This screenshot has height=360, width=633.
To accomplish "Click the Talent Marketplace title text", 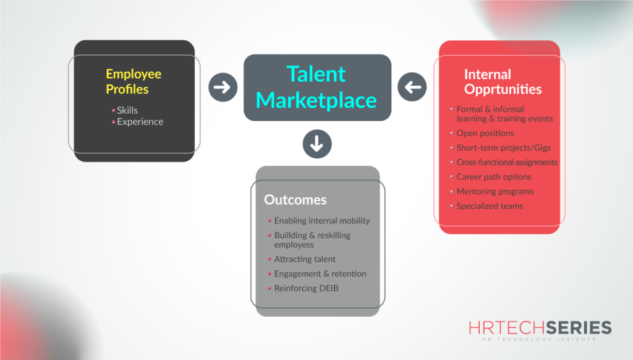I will pyautogui.click(x=316, y=87).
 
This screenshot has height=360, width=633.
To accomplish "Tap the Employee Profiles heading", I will pyautogui.click(x=134, y=81).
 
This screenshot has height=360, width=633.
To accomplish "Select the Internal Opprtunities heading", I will pyautogui.click(x=503, y=82).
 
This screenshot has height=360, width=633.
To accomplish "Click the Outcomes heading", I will pyautogui.click(x=295, y=200).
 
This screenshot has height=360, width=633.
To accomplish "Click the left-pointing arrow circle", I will pyautogui.click(x=412, y=87).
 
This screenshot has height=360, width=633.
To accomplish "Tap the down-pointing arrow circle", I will pyautogui.click(x=317, y=144).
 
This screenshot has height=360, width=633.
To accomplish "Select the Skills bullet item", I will pyautogui.click(x=127, y=110).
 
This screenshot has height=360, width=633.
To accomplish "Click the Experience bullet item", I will pyautogui.click(x=140, y=121).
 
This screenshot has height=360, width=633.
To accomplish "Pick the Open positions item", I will pyautogui.click(x=485, y=133).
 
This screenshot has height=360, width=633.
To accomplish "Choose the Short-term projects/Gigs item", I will pyautogui.click(x=503, y=148).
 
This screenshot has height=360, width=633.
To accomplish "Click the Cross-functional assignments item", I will pyautogui.click(x=507, y=162).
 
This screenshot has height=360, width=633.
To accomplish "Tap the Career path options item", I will pyautogui.click(x=493, y=177).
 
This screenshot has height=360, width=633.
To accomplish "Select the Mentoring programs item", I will pyautogui.click(x=495, y=191).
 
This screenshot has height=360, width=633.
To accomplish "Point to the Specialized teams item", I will pyautogui.click(x=490, y=206).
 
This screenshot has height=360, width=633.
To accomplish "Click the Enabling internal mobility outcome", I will pyautogui.click(x=322, y=220).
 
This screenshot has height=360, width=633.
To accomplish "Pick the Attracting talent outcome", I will pyautogui.click(x=305, y=259).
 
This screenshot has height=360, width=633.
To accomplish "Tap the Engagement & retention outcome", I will pyautogui.click(x=320, y=273).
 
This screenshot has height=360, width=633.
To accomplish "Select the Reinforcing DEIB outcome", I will pyautogui.click(x=305, y=288).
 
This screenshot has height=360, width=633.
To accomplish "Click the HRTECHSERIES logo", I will pyautogui.click(x=540, y=330).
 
